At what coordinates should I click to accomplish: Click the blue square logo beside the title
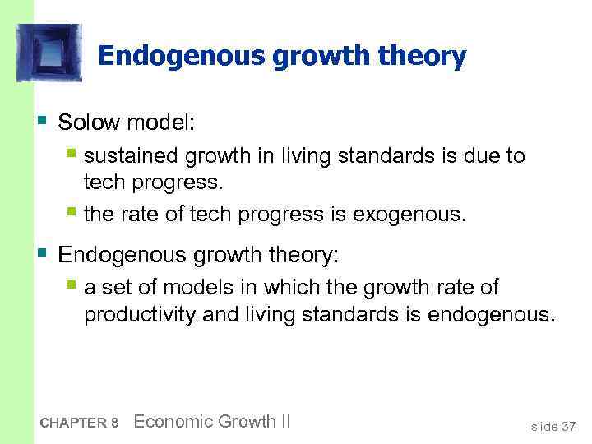[49, 53]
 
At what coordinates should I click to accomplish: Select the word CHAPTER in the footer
[73, 423]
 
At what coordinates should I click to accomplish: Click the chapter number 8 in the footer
[115, 423]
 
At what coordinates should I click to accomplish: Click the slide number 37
[567, 426]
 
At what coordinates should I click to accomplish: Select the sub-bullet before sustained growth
[73, 155]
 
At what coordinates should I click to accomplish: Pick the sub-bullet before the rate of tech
[73, 214]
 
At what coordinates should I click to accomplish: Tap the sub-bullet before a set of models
[73, 286]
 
